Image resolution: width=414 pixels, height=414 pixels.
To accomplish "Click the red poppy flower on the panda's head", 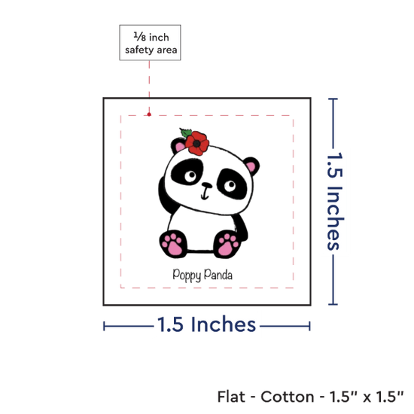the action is click(x=197, y=143).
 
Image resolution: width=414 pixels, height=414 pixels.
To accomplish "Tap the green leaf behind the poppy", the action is click(x=186, y=132).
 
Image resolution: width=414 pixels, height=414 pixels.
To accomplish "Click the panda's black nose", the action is click(x=207, y=185).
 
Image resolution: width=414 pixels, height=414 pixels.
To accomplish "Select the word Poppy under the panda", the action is click(x=187, y=275).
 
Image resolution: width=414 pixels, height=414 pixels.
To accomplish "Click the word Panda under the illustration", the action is click(x=218, y=274).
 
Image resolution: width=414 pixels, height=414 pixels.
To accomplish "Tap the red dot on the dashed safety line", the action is click(x=149, y=114).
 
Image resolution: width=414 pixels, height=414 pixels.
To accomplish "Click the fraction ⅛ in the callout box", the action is click(x=139, y=36).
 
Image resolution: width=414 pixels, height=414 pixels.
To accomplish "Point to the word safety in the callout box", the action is click(x=139, y=50).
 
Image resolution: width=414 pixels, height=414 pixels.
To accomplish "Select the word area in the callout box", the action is click(x=167, y=50).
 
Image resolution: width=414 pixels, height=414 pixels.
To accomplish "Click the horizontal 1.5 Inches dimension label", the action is click(x=206, y=324).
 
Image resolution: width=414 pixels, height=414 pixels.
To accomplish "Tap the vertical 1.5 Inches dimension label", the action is click(x=335, y=201).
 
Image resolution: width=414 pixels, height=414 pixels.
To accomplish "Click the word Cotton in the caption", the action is click(x=288, y=397).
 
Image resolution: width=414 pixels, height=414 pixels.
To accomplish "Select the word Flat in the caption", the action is click(x=231, y=396).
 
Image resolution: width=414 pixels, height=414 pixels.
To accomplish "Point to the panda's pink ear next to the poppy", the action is click(x=180, y=147).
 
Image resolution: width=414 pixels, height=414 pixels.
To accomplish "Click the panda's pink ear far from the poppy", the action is click(x=251, y=167).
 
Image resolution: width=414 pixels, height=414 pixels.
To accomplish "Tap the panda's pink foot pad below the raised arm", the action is click(x=172, y=244).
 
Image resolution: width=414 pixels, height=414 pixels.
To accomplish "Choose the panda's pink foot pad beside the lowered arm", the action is click(x=227, y=245).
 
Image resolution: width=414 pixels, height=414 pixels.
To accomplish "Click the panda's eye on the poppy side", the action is click(x=190, y=176).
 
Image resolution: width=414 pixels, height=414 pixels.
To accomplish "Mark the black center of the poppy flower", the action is click(x=196, y=144).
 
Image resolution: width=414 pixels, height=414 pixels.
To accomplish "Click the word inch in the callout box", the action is click(x=159, y=38).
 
